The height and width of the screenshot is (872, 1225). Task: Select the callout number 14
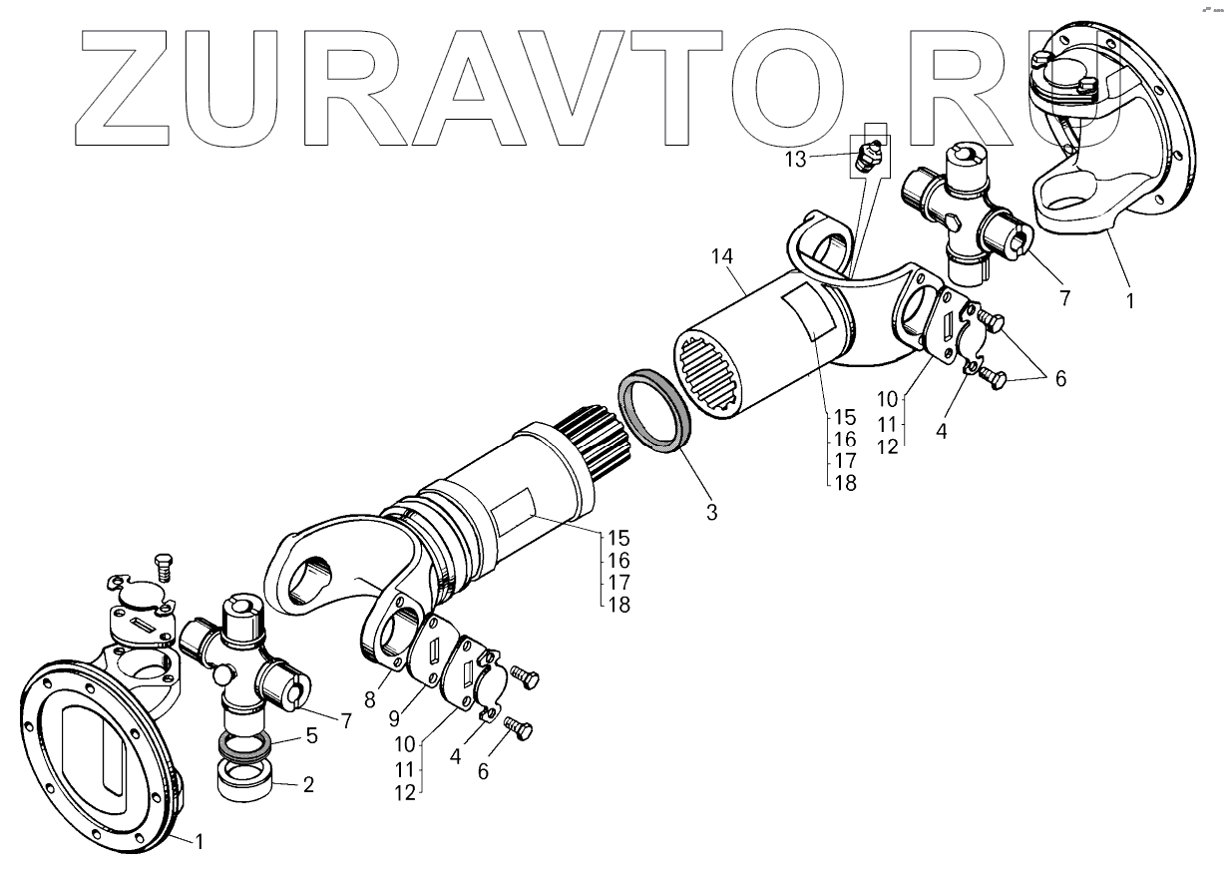coord(722,257)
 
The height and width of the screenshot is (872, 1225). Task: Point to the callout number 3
coord(710,513)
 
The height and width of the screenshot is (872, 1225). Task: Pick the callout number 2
coord(308,784)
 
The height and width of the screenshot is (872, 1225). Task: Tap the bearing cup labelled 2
coord(244,778)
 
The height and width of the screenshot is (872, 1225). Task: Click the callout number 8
coord(369,699)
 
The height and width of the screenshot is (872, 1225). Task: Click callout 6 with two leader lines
coord(1059,379)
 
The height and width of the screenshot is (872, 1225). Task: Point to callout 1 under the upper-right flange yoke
coord(1129,297)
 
